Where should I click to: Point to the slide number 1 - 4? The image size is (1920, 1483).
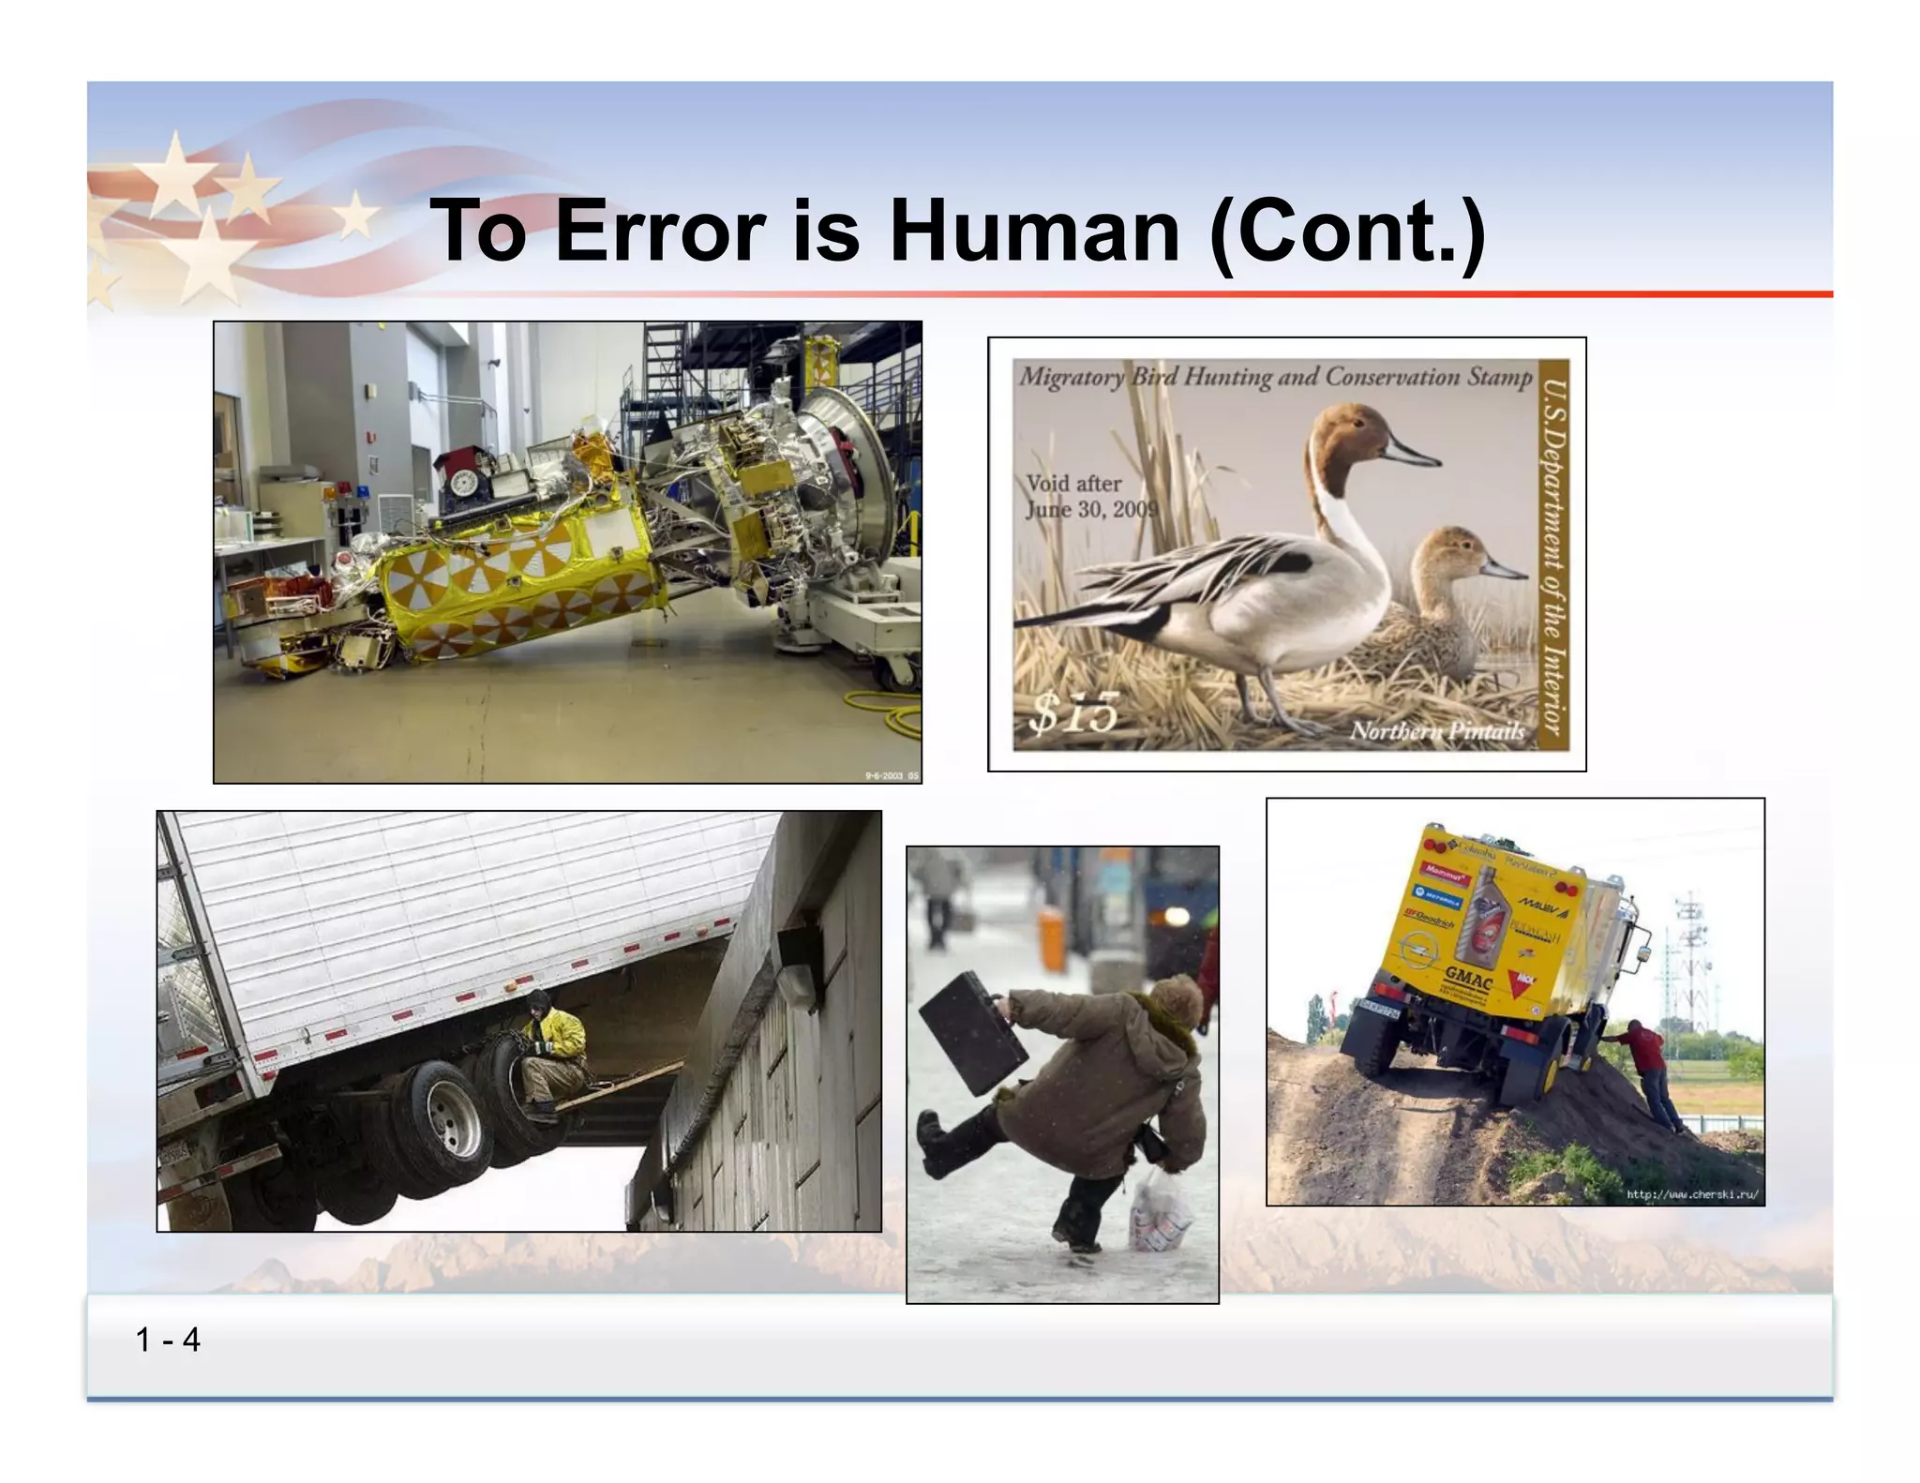pyautogui.click(x=168, y=1340)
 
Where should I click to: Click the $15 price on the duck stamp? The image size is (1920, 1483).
pyautogui.click(x=1074, y=712)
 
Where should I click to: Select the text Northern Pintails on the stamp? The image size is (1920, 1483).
pyautogui.click(x=1436, y=731)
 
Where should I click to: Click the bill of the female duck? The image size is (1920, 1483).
pyautogui.click(x=1503, y=568)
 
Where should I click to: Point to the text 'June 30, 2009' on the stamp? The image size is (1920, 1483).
pyautogui.click(x=1091, y=509)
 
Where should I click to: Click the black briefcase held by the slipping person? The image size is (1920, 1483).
pyautogui.click(x=972, y=1032)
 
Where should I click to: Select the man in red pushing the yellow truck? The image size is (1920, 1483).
pyautogui.click(x=1648, y=1071)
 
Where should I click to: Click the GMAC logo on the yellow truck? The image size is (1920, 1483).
pyautogui.click(x=1468, y=978)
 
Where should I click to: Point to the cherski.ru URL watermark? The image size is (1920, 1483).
pyautogui.click(x=1691, y=1194)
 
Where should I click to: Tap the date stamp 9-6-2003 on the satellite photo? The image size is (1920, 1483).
pyautogui.click(x=891, y=775)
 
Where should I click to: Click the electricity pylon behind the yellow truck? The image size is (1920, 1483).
pyautogui.click(x=1692, y=961)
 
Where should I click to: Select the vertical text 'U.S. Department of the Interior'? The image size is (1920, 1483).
pyautogui.click(x=1552, y=556)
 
